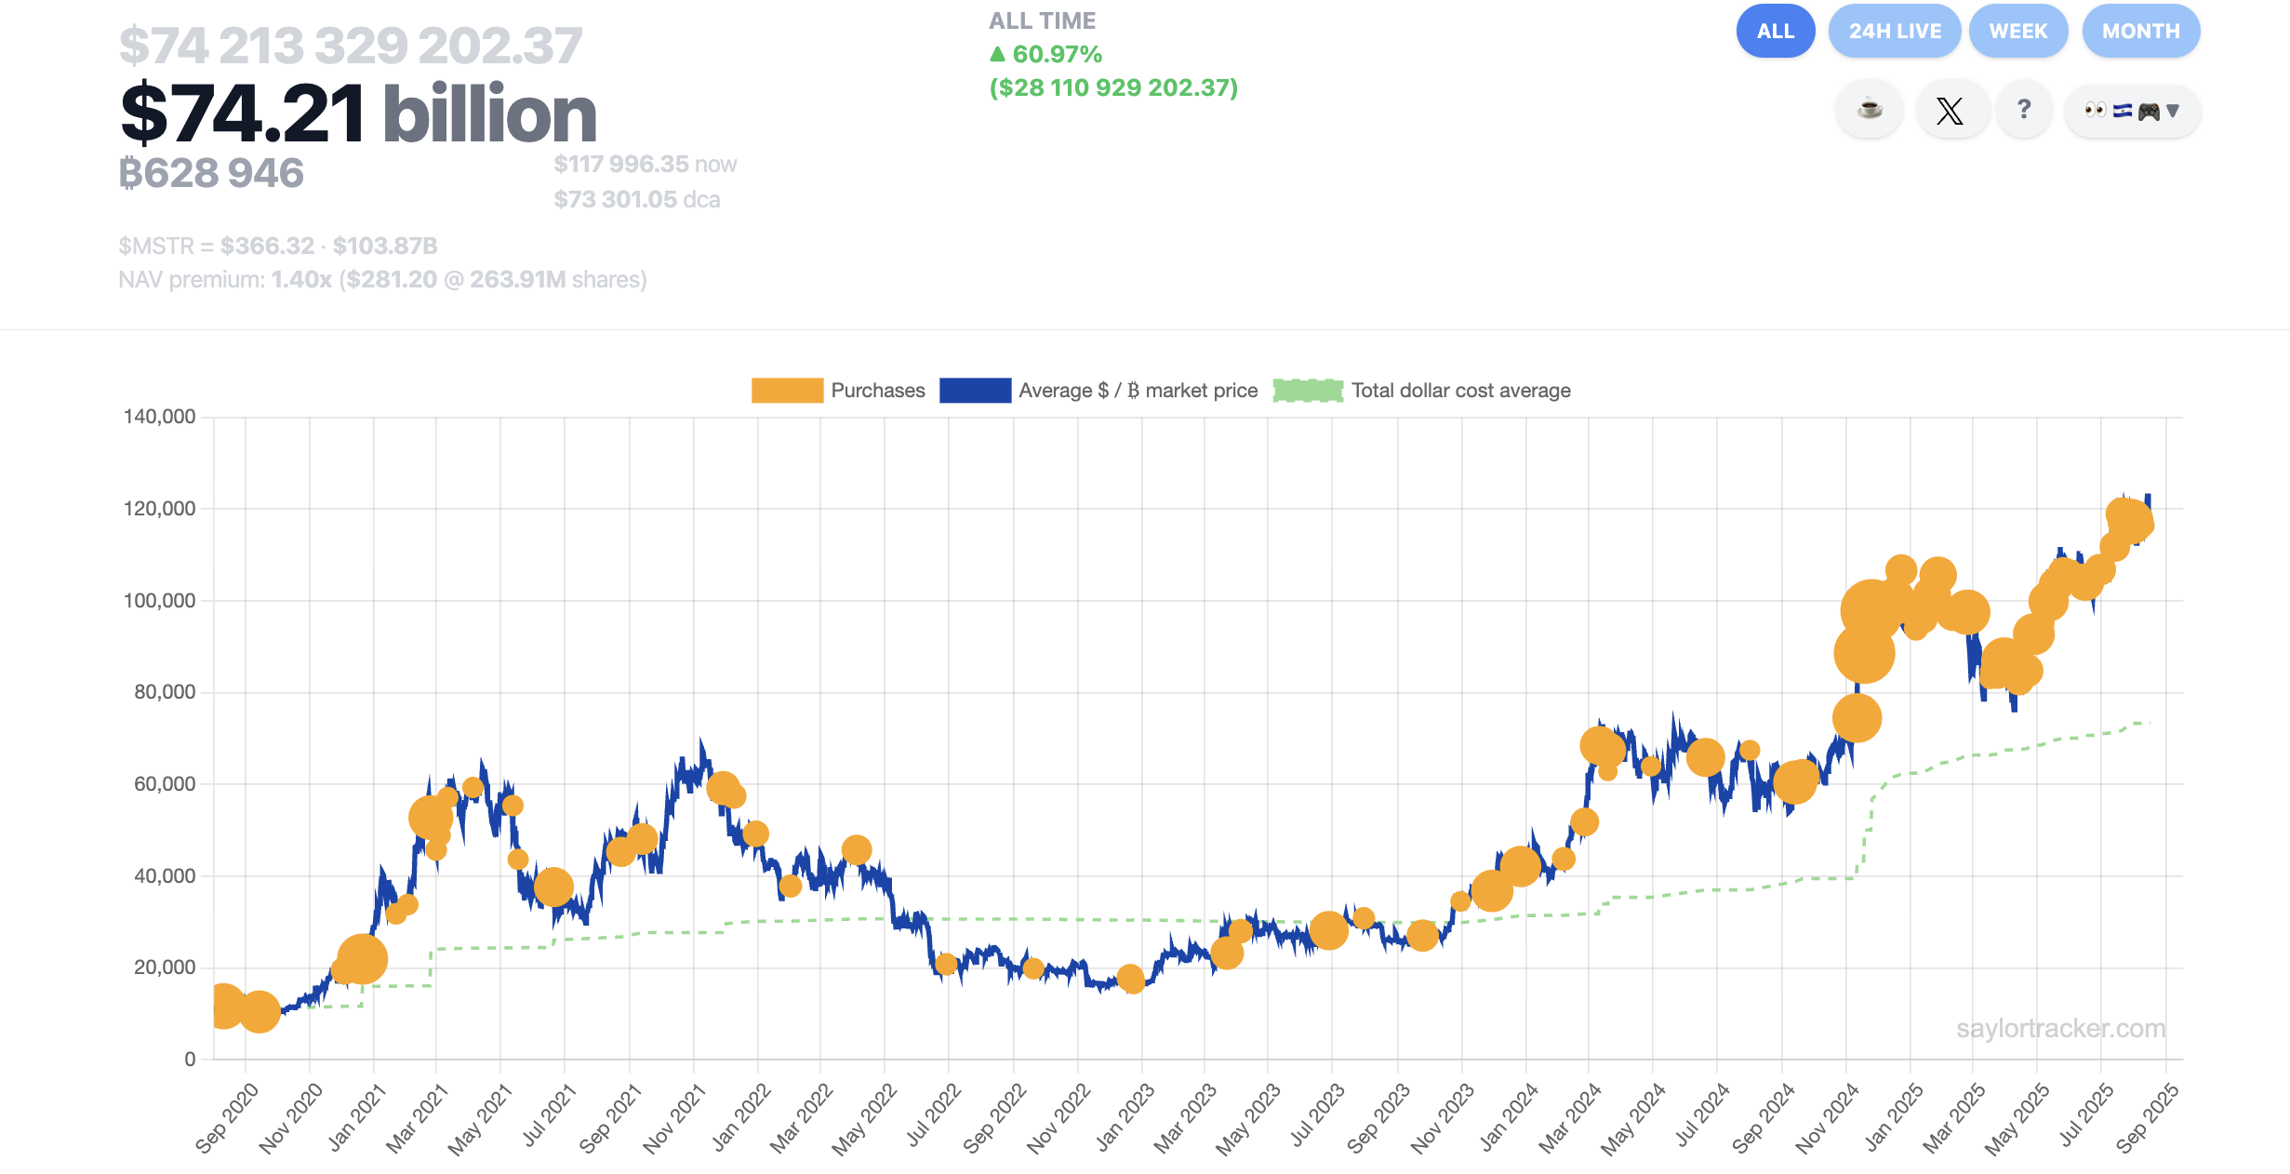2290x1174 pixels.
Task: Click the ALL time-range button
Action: (1775, 31)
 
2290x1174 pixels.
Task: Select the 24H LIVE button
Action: (1894, 31)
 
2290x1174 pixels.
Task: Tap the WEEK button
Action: (2017, 31)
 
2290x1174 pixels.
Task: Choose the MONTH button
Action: (2140, 31)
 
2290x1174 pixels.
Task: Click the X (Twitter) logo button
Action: (1950, 111)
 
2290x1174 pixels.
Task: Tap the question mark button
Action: (2023, 111)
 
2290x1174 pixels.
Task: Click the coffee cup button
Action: (1869, 111)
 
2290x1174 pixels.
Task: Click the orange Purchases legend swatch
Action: (787, 391)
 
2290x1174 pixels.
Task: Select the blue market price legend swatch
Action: (975, 391)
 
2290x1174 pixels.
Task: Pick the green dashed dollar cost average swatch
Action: (1308, 391)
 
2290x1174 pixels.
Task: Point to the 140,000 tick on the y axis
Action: (159, 417)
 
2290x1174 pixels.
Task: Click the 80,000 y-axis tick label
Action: (164, 692)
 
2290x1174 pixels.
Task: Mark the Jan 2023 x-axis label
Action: (1125, 1116)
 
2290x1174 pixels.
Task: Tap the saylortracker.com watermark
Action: (2060, 1029)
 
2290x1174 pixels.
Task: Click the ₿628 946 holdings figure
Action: (211, 173)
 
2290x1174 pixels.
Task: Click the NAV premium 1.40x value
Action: (301, 280)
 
